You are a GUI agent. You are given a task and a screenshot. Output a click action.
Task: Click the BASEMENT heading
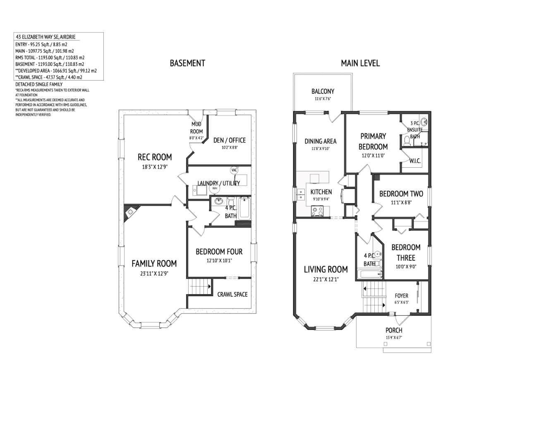pos(187,63)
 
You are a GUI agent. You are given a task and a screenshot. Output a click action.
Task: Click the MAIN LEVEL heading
pos(360,63)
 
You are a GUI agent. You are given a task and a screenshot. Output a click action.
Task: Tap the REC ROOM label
pos(155,157)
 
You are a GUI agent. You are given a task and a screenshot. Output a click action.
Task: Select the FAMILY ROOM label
pos(154,264)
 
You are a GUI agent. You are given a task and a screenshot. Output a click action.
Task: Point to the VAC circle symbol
pos(234,170)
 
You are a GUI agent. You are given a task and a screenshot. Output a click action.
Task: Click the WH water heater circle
pos(214,188)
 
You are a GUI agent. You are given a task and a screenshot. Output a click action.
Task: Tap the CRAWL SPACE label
pos(232,294)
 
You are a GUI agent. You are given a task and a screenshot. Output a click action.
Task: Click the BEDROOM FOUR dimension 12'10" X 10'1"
pos(219,261)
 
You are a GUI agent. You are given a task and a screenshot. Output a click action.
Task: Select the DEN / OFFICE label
pos(229,140)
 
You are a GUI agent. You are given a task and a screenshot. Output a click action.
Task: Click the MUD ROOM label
pos(196,128)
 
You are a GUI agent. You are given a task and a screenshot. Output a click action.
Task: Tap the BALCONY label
pos(323,91)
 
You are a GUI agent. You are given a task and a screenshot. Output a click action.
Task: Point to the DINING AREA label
pos(321,141)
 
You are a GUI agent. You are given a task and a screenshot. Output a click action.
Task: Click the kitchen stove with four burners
pos(318,211)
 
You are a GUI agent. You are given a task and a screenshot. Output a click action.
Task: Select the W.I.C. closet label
pos(415,161)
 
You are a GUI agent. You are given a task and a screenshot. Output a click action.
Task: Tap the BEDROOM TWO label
pos(401,194)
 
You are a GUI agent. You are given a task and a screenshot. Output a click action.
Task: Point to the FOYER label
pos(401,296)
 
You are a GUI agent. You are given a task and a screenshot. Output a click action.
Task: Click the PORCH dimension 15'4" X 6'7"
pos(394,337)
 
